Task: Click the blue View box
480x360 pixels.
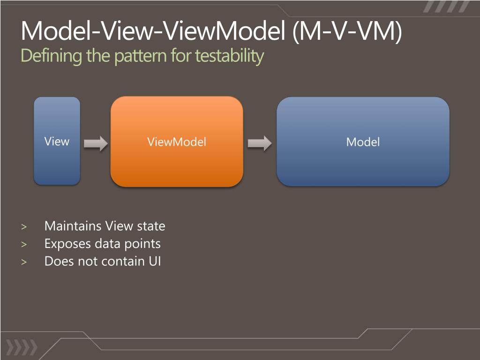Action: click(57, 141)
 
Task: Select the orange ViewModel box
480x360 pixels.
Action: click(177, 142)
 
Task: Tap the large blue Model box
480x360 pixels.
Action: click(363, 142)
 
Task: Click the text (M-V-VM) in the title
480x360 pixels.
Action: click(347, 32)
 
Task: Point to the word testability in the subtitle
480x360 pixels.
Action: click(229, 56)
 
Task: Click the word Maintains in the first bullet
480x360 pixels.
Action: click(73, 226)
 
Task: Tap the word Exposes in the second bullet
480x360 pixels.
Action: click(67, 244)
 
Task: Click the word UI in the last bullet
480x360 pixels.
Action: click(155, 261)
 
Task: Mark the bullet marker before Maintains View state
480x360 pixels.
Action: click(24, 227)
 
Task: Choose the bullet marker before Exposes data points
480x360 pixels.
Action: click(24, 244)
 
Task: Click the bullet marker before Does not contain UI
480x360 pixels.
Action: click(24, 262)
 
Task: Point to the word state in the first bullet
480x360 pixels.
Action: click(151, 226)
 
